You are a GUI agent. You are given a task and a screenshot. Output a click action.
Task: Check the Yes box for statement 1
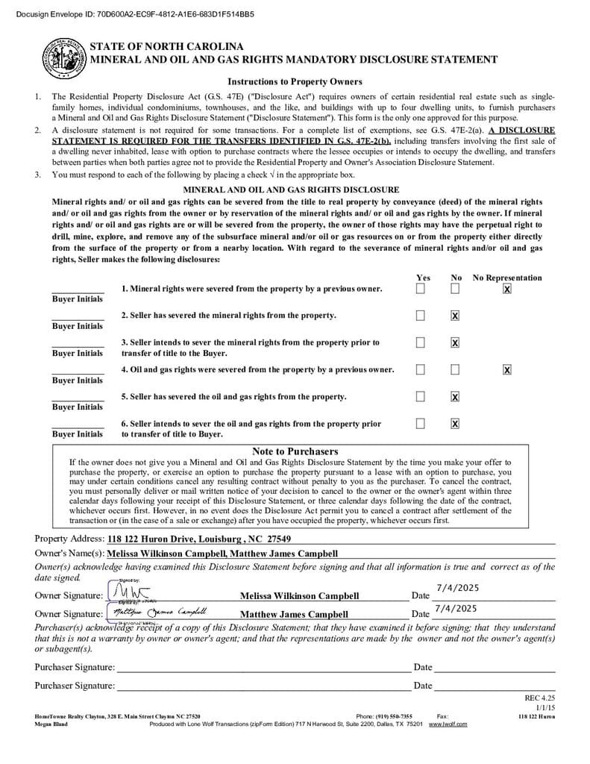click(x=421, y=289)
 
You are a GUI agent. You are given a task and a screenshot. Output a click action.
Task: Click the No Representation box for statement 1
click(x=507, y=289)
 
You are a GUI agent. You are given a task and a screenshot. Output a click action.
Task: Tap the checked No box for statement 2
click(x=455, y=316)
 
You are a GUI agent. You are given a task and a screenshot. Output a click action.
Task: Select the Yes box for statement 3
click(x=421, y=342)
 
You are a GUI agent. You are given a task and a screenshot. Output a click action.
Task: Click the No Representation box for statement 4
click(x=507, y=369)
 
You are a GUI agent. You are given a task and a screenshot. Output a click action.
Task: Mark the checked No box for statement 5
click(x=455, y=396)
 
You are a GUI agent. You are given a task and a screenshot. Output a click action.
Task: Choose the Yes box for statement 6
click(x=421, y=424)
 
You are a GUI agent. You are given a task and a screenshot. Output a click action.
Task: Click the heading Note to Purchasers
click(x=295, y=451)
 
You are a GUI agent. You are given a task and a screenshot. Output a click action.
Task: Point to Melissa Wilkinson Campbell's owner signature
click(x=129, y=593)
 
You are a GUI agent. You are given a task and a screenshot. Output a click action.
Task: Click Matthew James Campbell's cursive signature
click(x=157, y=612)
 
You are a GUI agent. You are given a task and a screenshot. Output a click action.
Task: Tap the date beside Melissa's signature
click(x=456, y=589)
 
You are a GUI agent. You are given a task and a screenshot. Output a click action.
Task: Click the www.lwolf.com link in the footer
click(x=448, y=724)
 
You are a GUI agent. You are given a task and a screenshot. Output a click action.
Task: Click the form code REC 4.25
click(x=540, y=698)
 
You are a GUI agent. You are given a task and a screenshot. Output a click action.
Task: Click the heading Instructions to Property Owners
click(x=295, y=81)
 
